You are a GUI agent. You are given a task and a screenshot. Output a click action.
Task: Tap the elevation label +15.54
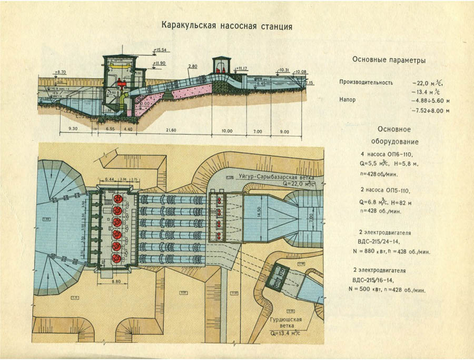161,49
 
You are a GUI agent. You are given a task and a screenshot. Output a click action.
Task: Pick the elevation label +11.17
242,68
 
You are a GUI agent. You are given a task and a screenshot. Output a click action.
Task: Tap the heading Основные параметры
389,60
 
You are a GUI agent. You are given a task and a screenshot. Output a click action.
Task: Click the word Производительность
366,83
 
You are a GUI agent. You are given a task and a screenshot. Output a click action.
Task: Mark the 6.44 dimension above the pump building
110,179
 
